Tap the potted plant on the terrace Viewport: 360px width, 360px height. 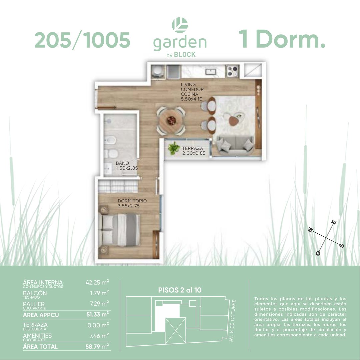click(x=174, y=148)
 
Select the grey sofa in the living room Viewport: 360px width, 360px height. click(x=235, y=145)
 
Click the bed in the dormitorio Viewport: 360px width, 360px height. click(x=119, y=230)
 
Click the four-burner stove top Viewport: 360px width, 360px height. click(x=232, y=71)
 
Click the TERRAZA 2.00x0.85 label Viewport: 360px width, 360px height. click(x=194, y=151)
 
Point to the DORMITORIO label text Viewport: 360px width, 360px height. click(x=132, y=201)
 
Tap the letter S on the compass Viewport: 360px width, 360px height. click(x=342, y=245)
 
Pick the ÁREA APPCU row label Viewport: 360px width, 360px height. click(x=41, y=315)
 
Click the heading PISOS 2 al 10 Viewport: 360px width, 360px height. click(x=180, y=290)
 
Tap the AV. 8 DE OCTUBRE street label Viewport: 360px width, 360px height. click(x=232, y=321)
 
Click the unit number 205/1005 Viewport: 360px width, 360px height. click(x=82, y=40)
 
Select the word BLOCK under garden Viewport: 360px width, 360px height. click(x=185, y=55)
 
